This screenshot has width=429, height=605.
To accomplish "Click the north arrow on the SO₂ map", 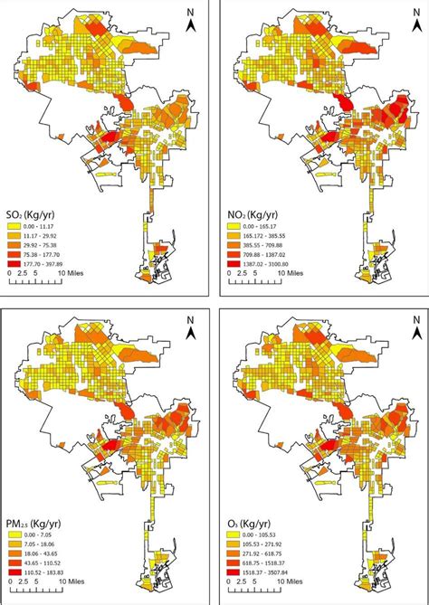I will [190, 24].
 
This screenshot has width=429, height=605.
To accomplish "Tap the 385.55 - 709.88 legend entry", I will [259, 250].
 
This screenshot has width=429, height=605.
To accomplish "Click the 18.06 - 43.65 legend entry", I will [36, 553].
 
